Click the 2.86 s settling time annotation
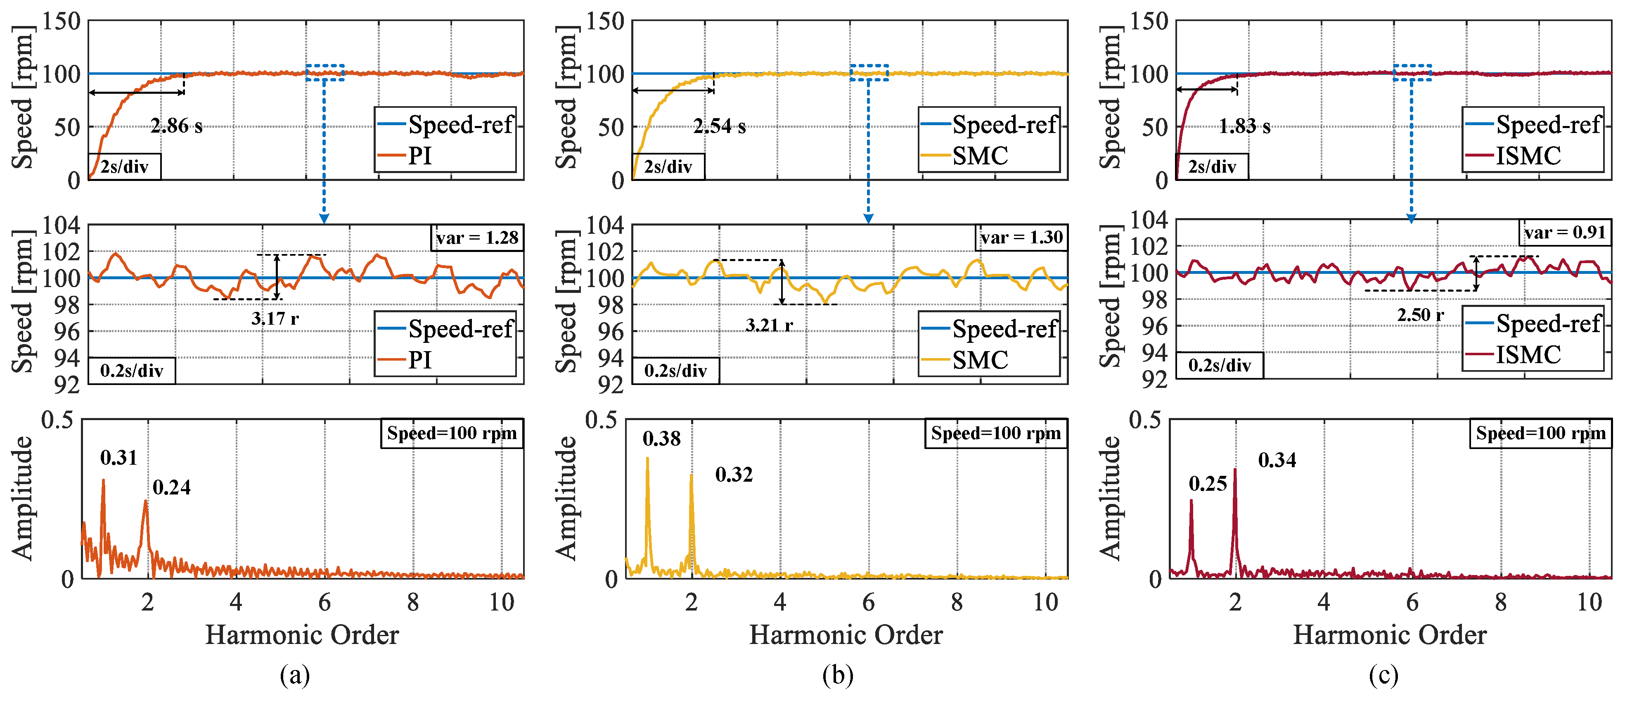click(176, 126)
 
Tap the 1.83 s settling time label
click(1244, 126)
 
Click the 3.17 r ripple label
click(275, 318)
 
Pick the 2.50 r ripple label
click(1420, 315)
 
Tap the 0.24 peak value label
click(171, 487)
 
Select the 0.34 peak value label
click(1277, 460)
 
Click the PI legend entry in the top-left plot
click(419, 156)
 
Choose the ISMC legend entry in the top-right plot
click(1528, 156)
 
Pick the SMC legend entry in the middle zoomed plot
click(980, 360)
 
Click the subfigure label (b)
click(838, 675)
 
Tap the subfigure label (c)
click(1383, 675)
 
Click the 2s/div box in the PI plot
click(124, 166)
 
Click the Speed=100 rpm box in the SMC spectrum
click(995, 433)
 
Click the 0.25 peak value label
click(1207, 484)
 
